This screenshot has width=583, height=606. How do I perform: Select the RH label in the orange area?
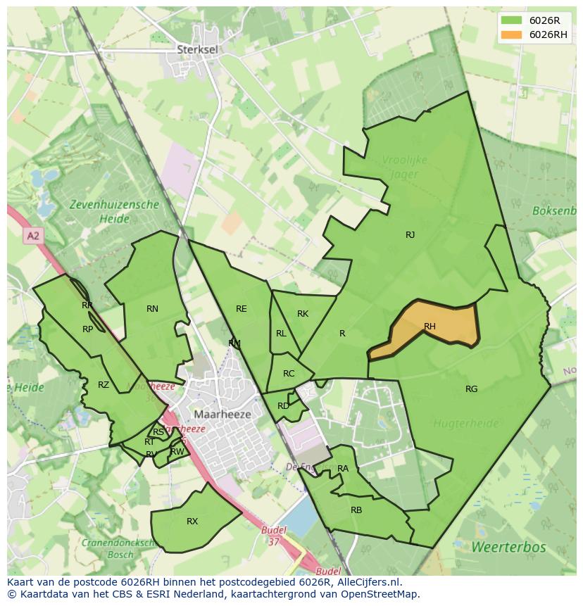[x=430, y=326]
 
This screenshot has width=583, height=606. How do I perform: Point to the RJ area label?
[x=410, y=235]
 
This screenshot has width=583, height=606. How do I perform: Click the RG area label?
[x=471, y=389]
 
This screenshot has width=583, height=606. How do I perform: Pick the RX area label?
[x=192, y=522]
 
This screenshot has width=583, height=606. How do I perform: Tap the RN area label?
[x=152, y=308]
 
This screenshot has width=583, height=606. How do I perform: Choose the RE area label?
[x=242, y=308]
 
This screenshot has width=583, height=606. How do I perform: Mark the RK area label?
[x=303, y=314]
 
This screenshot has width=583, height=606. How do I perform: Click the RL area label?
[x=281, y=334]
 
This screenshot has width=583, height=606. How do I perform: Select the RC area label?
[x=289, y=374]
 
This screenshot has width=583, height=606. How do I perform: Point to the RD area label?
[x=283, y=405]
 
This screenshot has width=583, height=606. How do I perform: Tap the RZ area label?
[x=104, y=384]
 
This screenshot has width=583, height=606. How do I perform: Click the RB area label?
[x=356, y=510]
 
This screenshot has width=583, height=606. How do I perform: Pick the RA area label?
[x=343, y=468]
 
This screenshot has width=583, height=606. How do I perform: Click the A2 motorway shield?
[x=33, y=236]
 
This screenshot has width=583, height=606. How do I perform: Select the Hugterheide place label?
[x=465, y=424]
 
